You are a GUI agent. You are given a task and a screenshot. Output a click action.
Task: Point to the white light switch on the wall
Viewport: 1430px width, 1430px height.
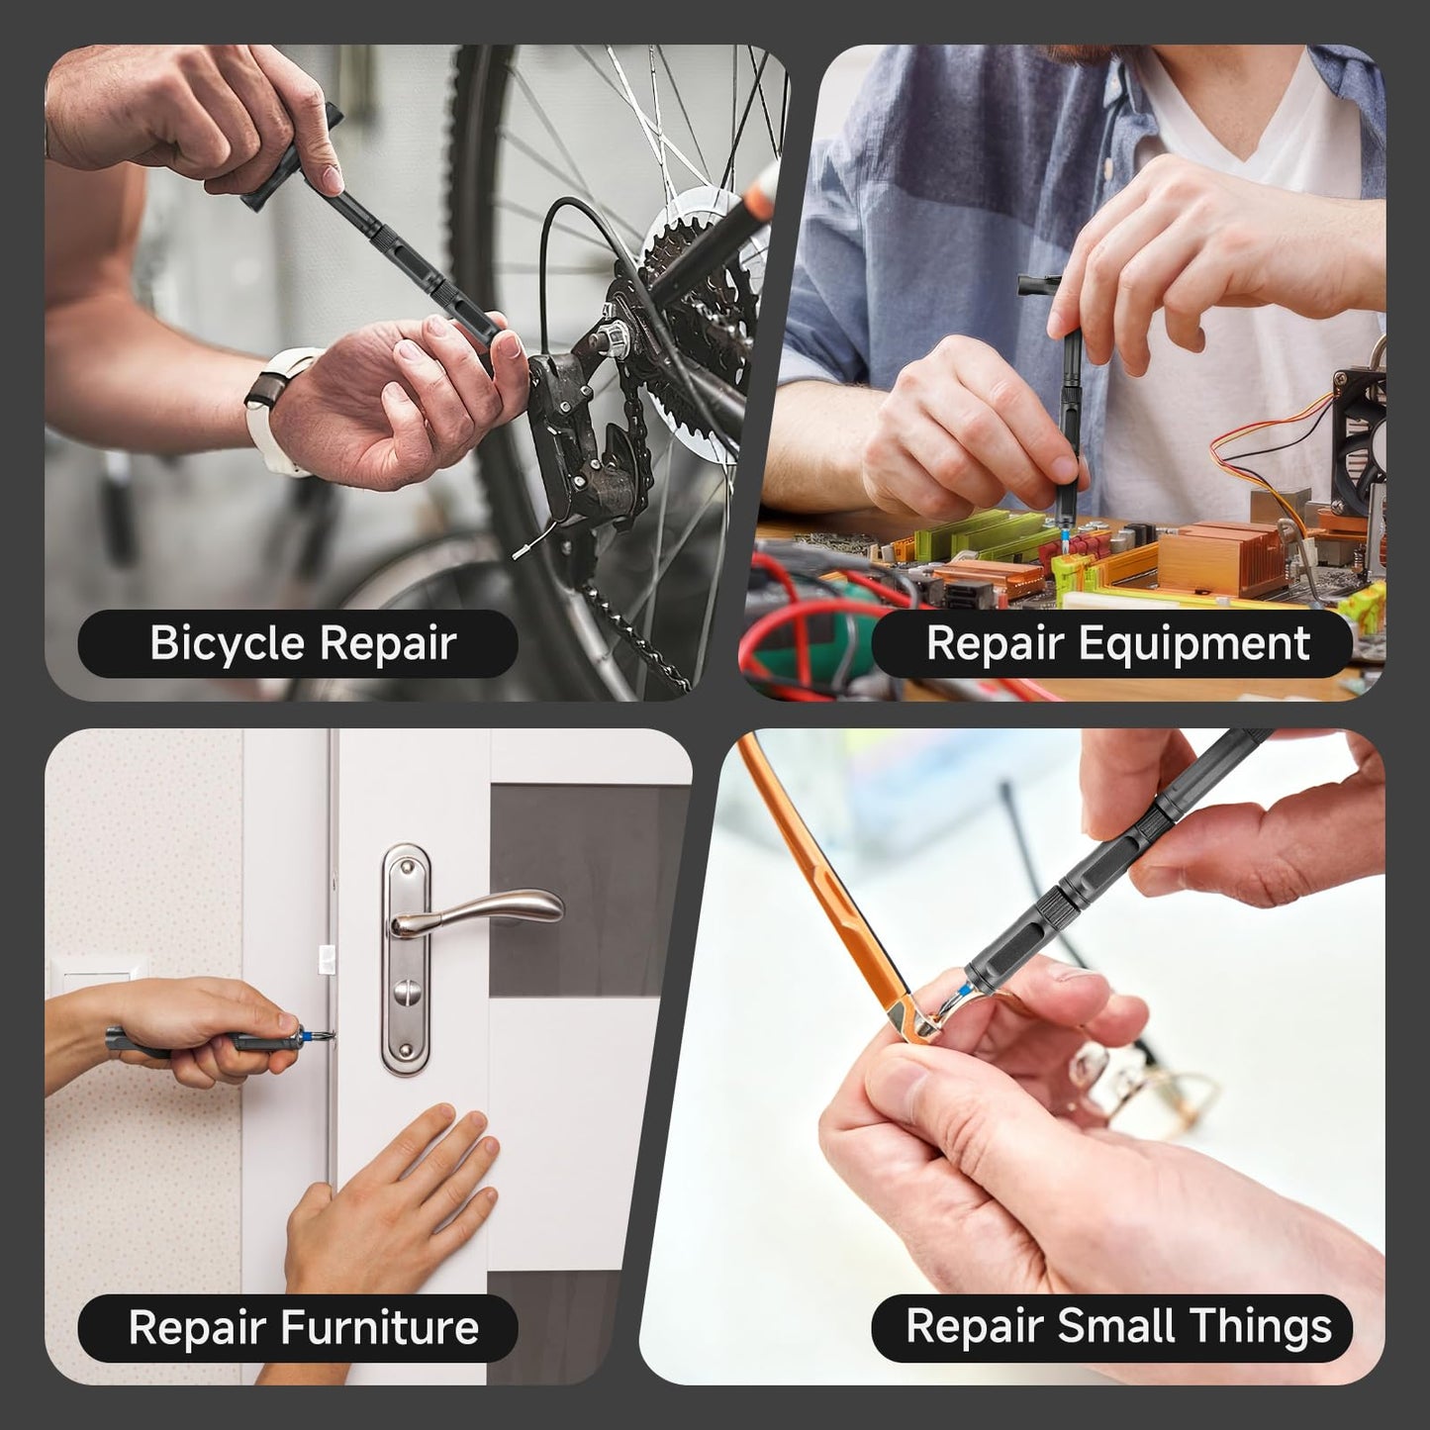[94, 980]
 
